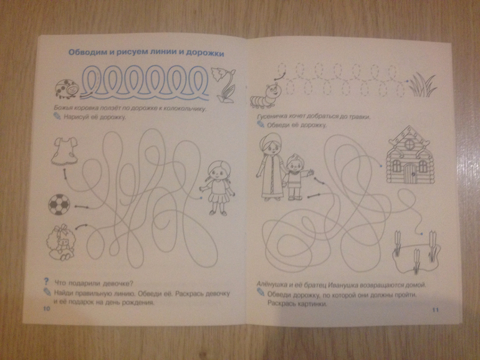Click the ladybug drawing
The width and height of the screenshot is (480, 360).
[x=67, y=89]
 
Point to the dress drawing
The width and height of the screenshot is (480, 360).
[x=64, y=151]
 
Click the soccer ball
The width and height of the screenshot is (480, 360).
[x=59, y=205]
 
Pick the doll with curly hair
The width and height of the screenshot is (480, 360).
[x=60, y=242]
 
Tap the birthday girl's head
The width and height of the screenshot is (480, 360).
[x=219, y=172]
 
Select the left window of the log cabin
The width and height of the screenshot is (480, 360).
[x=396, y=166]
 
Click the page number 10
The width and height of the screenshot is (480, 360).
[x=47, y=308]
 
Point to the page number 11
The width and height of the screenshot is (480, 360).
[x=435, y=310]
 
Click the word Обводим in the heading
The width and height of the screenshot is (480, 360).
[x=87, y=52]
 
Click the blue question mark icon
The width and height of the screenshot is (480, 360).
[x=47, y=282]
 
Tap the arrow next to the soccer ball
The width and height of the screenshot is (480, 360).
[x=82, y=207]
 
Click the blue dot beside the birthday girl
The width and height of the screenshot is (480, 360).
[x=201, y=198]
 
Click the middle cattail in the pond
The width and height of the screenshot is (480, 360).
[x=416, y=260]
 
